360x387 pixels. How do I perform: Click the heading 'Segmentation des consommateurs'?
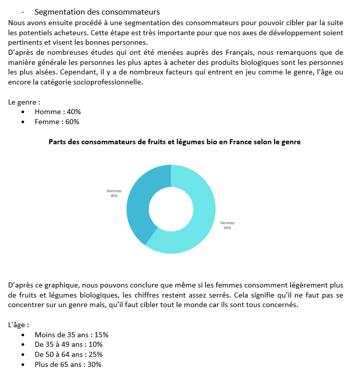coord(97,12)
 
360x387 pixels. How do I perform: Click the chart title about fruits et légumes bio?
coord(174,142)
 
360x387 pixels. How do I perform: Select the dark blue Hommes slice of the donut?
coord(137,206)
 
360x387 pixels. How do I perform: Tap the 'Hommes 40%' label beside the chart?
coord(114,193)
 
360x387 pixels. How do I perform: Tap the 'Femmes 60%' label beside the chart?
coord(227,225)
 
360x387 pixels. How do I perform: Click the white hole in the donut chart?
coord(171,209)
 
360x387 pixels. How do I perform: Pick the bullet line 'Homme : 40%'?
coord(57,112)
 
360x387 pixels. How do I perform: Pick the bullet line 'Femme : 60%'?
coord(57,122)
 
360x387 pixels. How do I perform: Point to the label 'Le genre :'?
coord(24,102)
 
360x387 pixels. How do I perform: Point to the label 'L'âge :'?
coord(19,325)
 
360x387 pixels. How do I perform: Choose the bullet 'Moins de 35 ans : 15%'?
coord(71,334)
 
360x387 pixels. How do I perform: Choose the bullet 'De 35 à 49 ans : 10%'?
coord(68,344)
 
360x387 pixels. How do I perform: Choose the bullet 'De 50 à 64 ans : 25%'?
coord(68,354)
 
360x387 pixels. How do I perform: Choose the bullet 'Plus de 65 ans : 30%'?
coord(68,364)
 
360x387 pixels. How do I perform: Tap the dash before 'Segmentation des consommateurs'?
coord(23,12)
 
